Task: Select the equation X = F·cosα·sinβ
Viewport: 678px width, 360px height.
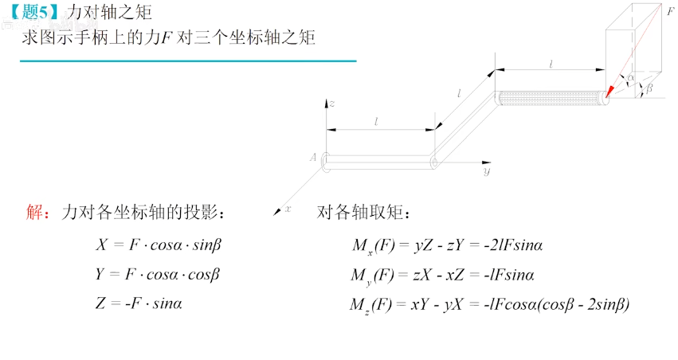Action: (x=158, y=245)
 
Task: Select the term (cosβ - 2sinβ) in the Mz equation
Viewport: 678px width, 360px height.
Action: (x=583, y=303)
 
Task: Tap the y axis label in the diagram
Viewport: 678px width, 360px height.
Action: (x=486, y=171)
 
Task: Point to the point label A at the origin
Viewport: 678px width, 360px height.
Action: (x=314, y=157)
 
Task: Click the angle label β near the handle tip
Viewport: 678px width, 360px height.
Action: (x=649, y=89)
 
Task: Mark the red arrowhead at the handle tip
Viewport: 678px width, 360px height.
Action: (x=610, y=90)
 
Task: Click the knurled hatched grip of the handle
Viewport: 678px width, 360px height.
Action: (x=550, y=99)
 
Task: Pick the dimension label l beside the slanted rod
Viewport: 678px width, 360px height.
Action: (x=459, y=93)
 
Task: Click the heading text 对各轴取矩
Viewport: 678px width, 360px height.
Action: (x=363, y=213)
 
